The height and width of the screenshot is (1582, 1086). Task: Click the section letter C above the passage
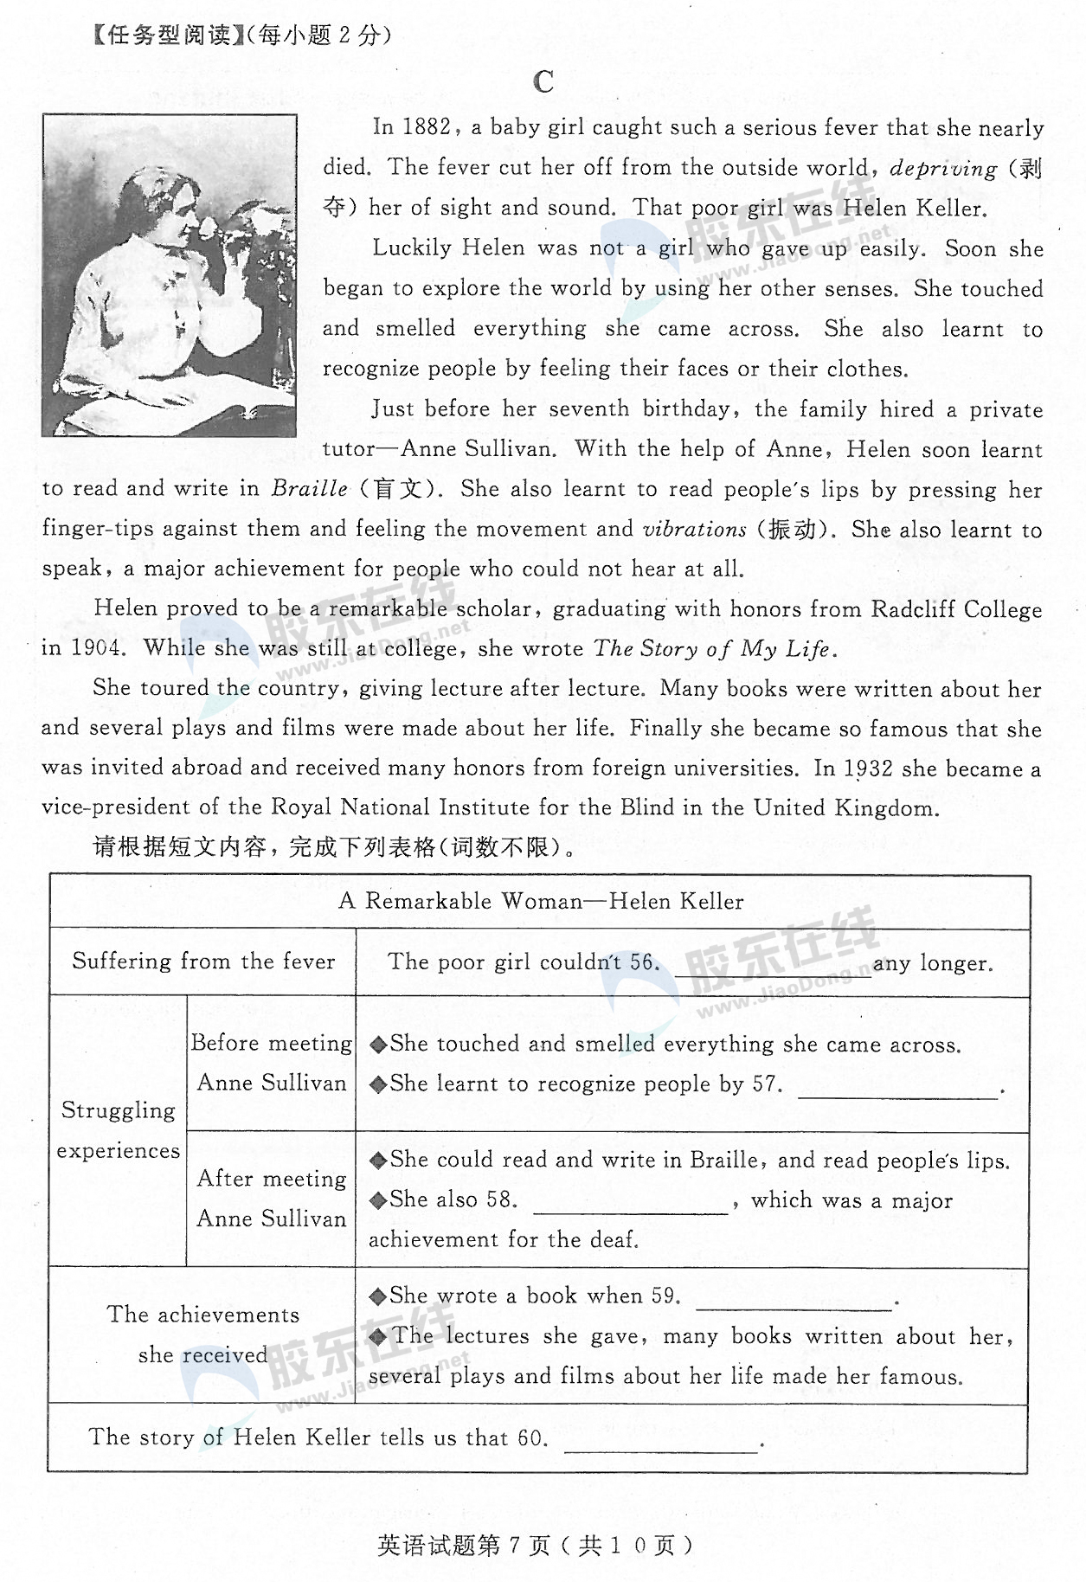pos(543,82)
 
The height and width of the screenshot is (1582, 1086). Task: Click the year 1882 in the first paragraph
pos(426,128)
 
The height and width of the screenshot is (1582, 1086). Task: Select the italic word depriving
pos(943,169)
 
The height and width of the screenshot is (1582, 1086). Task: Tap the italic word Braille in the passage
pos(309,489)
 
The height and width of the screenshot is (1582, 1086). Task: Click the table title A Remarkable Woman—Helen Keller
pos(541,902)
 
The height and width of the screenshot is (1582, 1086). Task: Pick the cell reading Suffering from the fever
pos(203,961)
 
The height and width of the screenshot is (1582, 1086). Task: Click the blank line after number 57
pos(897,1096)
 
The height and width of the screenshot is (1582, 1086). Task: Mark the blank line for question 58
pos(631,1211)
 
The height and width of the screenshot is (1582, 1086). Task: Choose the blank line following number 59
pos(794,1307)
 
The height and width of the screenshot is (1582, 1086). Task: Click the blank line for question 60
pos(661,1450)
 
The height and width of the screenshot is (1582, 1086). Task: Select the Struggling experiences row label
pos(119,1130)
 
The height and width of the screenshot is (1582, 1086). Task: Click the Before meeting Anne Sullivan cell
pos(272,1063)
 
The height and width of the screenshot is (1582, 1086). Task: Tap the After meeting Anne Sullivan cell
pos(272,1199)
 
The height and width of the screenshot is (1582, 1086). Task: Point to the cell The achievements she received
pos(202,1334)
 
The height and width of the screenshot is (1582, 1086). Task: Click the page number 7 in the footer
pos(514,1546)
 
